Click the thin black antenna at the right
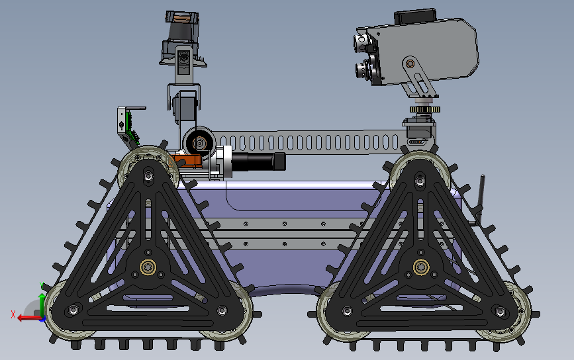pyautogui.click(x=482, y=192)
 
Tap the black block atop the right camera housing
pyautogui.click(x=415, y=16)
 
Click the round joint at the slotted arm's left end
pyautogui.click(x=198, y=141)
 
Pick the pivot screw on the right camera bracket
pyautogui.click(x=410, y=64)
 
